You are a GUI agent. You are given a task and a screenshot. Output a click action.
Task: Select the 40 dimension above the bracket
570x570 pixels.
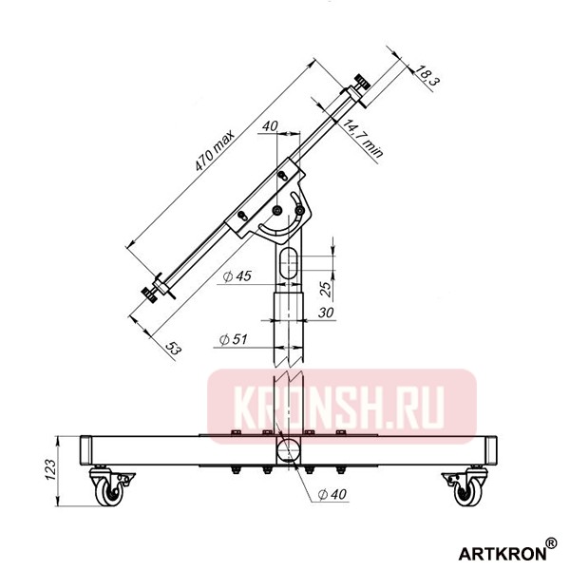[269, 126]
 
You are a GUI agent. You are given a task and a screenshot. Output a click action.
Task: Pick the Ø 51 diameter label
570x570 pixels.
[235, 339]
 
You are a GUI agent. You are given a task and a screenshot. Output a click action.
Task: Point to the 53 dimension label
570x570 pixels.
[173, 350]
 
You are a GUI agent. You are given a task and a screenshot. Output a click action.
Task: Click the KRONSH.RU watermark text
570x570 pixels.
[339, 408]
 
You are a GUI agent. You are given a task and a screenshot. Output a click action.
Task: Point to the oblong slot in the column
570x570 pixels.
[290, 265]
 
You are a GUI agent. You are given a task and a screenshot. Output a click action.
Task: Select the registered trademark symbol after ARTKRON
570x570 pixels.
[551, 543]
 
